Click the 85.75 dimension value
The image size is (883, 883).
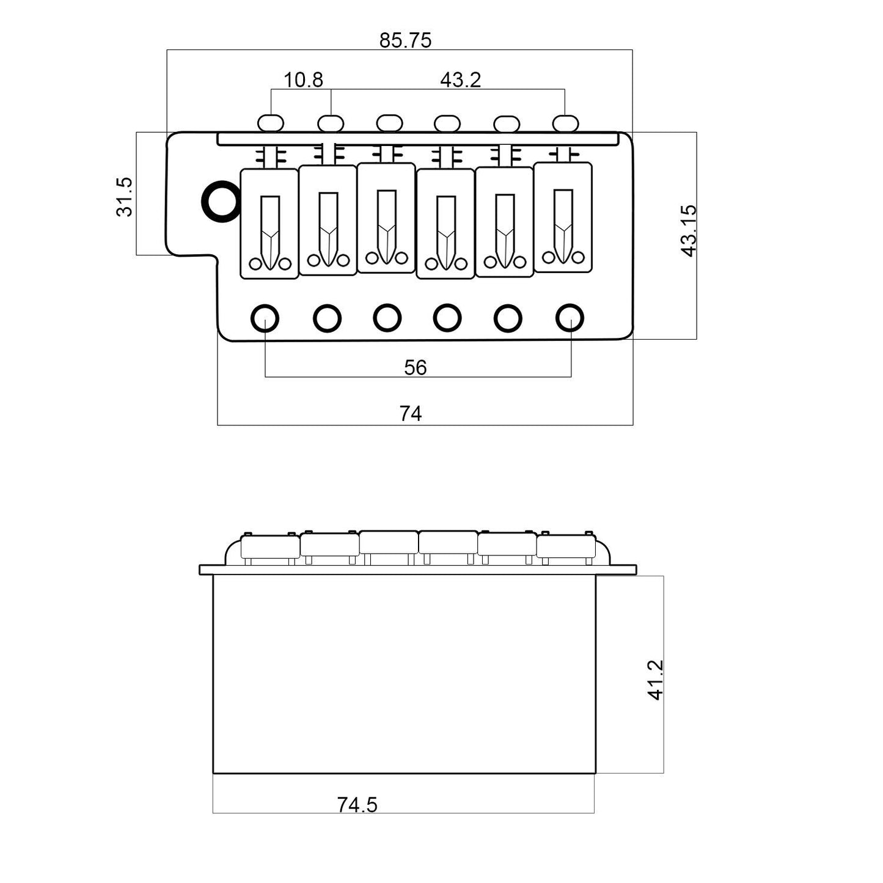pos(405,40)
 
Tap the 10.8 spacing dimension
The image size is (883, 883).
pos(303,80)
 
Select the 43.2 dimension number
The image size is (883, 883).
pos(461,80)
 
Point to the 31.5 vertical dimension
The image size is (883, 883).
pos(124,197)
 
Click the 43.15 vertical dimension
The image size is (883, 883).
pos(688,231)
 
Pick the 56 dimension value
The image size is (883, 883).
pos(415,367)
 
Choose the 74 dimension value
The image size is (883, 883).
pos(411,414)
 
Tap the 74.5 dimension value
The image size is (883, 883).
pos(357,805)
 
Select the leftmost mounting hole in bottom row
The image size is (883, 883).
pos(265,318)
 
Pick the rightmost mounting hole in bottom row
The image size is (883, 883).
pos(570,318)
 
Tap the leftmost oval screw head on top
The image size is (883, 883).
pos(271,123)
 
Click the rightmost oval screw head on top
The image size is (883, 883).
pos(565,123)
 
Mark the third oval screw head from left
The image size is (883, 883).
pos(389,123)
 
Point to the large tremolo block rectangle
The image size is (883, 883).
pos(404,674)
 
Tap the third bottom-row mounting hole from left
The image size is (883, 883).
pos(387,318)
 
